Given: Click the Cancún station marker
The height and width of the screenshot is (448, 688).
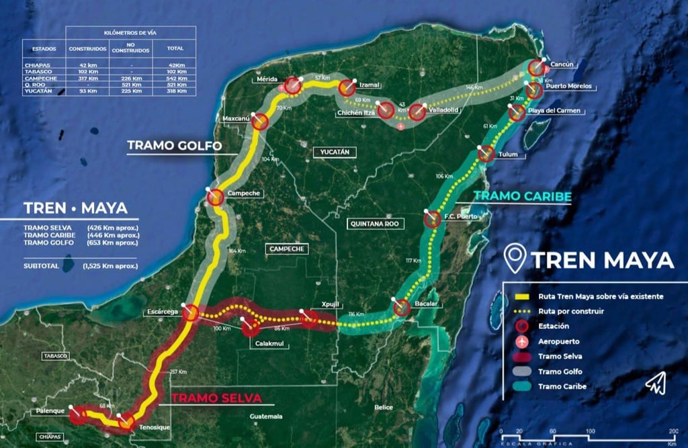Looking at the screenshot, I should (536, 68).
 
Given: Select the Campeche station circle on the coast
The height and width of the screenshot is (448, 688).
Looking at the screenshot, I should (216, 197).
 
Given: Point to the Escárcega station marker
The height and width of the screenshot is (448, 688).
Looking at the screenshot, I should (190, 312).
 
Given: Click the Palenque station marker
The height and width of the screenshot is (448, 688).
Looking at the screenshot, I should (78, 415).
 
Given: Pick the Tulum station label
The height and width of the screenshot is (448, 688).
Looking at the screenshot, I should (509, 154).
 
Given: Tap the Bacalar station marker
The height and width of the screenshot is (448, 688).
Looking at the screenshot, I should (402, 308).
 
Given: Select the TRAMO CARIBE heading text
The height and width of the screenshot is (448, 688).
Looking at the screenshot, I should (523, 196).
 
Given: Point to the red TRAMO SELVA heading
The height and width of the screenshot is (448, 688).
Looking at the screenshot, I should (216, 398).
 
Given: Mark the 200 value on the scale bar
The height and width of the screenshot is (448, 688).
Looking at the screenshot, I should (673, 430).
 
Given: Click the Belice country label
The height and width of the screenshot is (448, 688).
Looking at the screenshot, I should (384, 407).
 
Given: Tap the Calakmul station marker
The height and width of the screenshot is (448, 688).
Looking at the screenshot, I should (251, 328).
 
